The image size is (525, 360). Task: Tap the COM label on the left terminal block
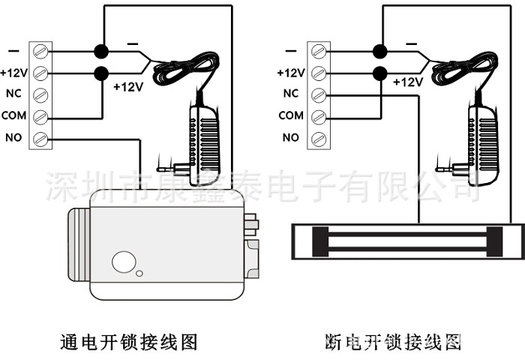click(13, 115)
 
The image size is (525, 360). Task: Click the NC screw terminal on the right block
click(319, 94)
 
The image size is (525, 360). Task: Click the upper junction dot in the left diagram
click(100, 51)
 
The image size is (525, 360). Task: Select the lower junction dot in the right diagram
click(379, 73)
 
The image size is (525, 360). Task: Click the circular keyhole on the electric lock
click(121, 262)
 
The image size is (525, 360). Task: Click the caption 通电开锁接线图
click(128, 343)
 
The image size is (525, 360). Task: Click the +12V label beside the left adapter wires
click(127, 87)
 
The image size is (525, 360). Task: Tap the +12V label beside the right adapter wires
click(409, 81)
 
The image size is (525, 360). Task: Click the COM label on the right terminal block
click(291, 115)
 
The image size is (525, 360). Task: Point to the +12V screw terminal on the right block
click(319, 73)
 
